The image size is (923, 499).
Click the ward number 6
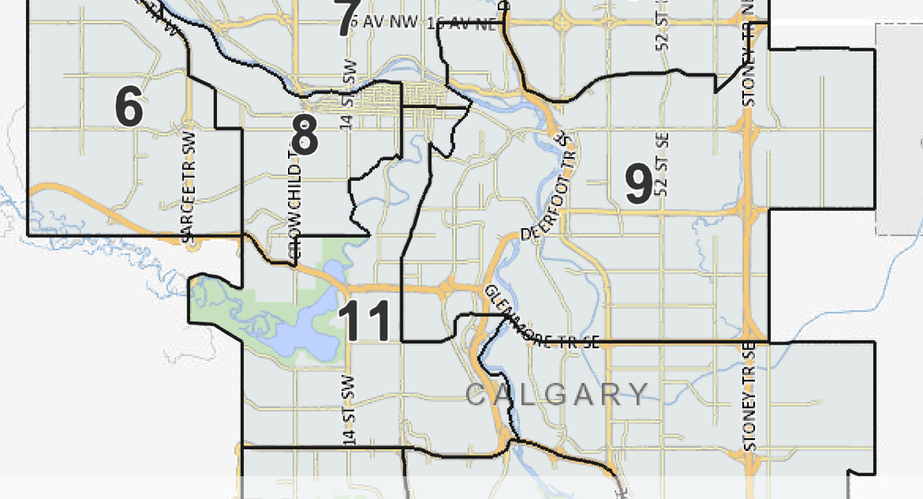129,106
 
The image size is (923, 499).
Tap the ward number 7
346,19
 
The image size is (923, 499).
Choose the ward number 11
367,322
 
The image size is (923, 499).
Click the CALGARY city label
557,396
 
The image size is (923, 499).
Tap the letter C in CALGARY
475,396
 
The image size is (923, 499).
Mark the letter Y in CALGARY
638,396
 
